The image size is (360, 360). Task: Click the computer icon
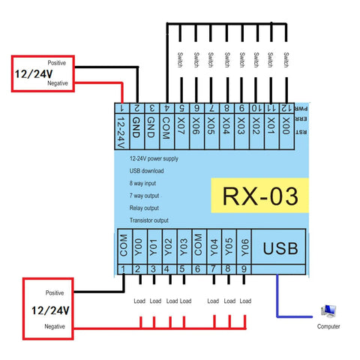tap(328, 312)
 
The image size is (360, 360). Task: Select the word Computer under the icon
tap(328, 327)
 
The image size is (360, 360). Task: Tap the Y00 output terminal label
tap(139, 247)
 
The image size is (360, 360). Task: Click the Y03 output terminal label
tap(183, 247)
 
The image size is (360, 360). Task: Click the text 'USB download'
tap(147, 171)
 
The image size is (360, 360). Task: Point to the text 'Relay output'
tap(145, 208)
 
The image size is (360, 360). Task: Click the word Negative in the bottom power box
tap(55, 327)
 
